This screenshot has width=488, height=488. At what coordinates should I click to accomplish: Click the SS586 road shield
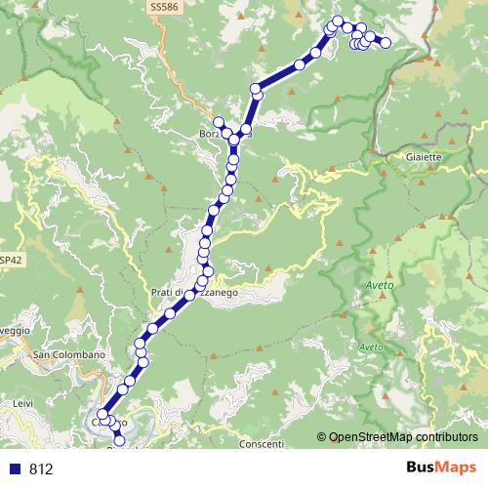pyautogui.click(x=163, y=7)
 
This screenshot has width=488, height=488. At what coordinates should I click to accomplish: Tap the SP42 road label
pyautogui.click(x=11, y=261)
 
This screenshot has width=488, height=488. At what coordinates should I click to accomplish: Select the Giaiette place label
pyautogui.click(x=423, y=155)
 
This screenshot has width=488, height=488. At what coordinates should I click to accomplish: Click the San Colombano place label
pyautogui.click(x=68, y=354)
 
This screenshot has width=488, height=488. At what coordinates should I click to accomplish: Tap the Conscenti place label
pyautogui.click(x=261, y=444)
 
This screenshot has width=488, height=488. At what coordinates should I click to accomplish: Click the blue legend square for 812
pyautogui.click(x=16, y=468)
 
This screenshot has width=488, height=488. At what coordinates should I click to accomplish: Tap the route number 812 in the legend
pyautogui.click(x=40, y=468)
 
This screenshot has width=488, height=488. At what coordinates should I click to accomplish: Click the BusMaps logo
pyautogui.click(x=441, y=468)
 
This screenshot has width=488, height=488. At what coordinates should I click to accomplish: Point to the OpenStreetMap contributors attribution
pyautogui.click(x=402, y=437)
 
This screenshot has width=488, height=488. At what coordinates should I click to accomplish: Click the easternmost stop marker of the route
pyautogui.click(x=386, y=42)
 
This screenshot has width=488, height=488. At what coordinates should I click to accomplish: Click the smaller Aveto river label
pyautogui.click(x=371, y=347)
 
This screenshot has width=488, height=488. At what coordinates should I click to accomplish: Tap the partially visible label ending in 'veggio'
pyautogui.click(x=14, y=330)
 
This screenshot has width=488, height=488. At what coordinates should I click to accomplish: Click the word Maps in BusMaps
pyautogui.click(x=457, y=468)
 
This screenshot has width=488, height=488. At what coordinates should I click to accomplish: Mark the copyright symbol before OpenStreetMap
pyautogui.click(x=322, y=437)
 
